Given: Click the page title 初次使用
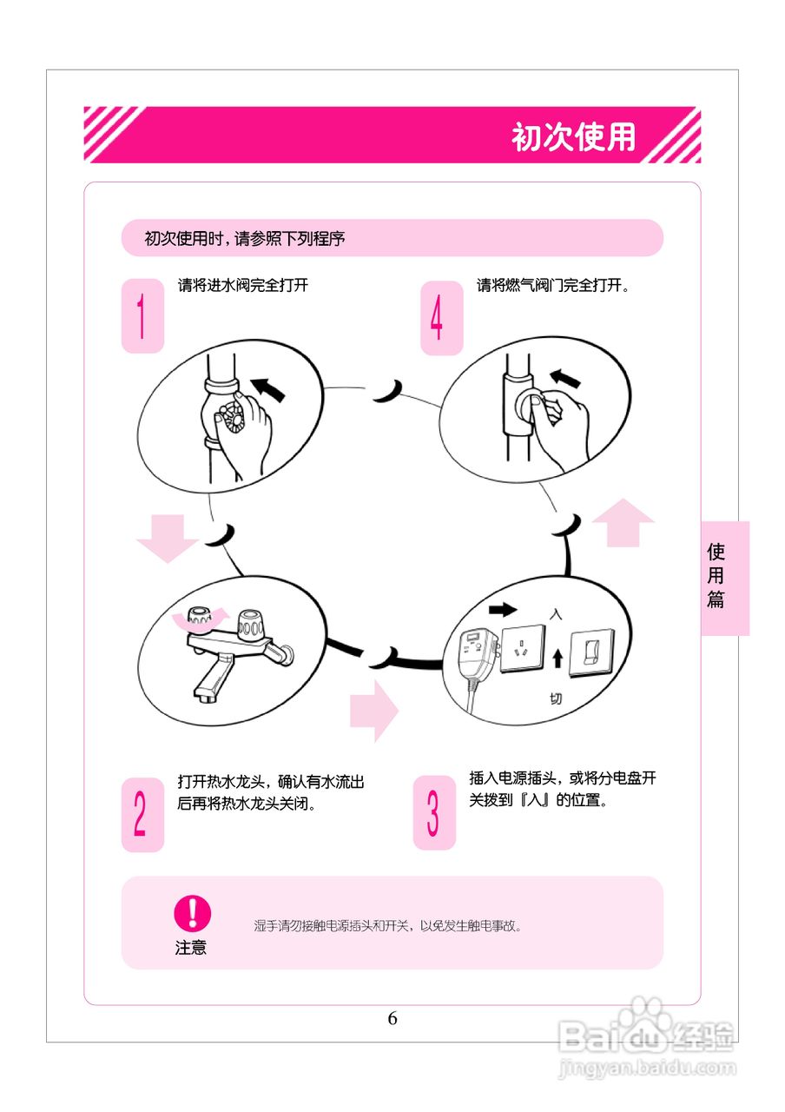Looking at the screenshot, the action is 573,136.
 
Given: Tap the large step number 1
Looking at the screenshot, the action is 142,316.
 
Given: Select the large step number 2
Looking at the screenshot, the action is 141,814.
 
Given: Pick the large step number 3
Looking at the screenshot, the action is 433,812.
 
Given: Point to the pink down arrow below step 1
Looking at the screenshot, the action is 167,537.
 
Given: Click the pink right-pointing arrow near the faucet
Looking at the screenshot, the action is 373,710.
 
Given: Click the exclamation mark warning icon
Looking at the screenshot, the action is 192,913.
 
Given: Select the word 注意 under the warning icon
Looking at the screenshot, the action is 191,948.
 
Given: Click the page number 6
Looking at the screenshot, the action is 392,1019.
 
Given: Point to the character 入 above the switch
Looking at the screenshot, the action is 557,613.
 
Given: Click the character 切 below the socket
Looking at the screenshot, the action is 556,698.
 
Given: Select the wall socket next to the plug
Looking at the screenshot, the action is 521,649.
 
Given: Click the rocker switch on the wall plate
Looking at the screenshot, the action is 594,650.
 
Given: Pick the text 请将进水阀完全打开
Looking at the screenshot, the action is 243,286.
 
